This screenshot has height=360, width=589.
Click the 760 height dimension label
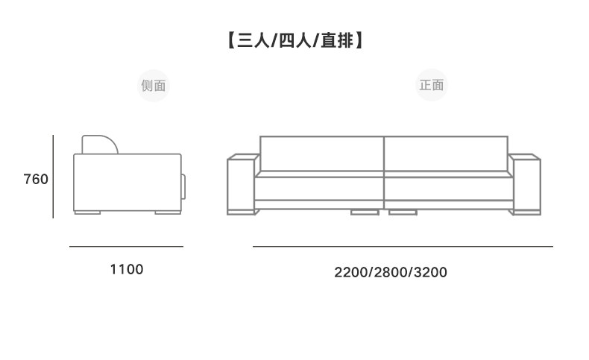point(36,179)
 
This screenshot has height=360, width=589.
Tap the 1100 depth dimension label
point(126,269)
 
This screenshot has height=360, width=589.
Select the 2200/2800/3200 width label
point(391,272)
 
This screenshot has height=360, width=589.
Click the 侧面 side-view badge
point(154,86)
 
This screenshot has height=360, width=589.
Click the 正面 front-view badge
point(432,85)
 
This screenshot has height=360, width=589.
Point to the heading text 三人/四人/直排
point(295,40)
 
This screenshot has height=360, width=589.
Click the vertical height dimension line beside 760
point(54,177)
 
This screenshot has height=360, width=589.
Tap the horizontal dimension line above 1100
point(126,246)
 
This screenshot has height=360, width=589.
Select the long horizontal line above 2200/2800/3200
point(403,246)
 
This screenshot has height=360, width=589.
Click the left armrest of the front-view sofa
point(242,184)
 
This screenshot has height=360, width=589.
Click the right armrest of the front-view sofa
point(525,184)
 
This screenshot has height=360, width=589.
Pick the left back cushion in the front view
point(321,154)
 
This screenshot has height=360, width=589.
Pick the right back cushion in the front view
point(446,154)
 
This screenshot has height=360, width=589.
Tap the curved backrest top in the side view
point(100,145)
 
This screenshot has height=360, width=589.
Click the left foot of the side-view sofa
point(87,212)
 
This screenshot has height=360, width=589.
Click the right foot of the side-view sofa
point(168,212)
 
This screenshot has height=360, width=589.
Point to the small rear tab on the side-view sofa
point(183,186)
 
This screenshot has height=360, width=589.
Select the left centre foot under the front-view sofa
point(365,212)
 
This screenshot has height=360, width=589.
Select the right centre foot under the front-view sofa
point(403,212)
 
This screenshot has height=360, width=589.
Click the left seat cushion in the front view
point(319,189)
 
